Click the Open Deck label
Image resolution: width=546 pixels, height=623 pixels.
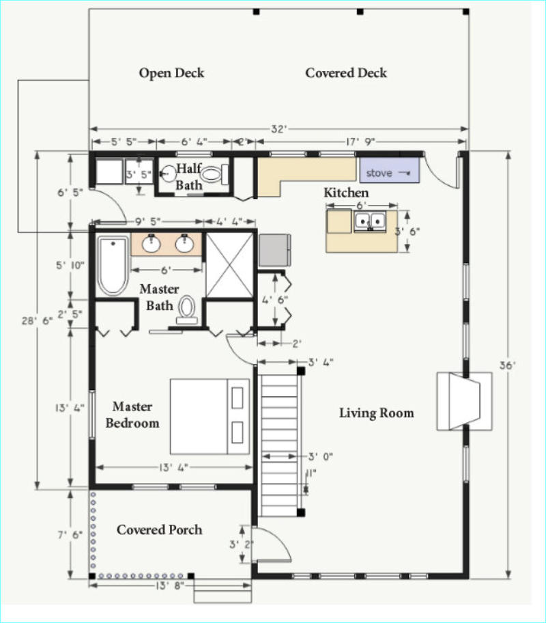171,73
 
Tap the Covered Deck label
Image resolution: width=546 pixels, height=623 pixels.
346,73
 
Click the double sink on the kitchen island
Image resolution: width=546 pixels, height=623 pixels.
370,221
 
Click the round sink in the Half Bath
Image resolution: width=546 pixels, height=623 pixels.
169,174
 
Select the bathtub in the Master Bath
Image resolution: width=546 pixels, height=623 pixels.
113,266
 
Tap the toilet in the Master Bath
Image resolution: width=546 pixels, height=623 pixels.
186,310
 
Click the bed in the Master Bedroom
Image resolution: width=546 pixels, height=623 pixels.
210,417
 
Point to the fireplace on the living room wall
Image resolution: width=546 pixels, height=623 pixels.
464,401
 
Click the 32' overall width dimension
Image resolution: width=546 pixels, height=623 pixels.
278,129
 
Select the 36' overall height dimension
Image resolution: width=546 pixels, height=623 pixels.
507,365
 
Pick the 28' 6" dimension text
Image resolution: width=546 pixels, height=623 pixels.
37,320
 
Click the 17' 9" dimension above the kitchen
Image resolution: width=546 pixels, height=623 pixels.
360,142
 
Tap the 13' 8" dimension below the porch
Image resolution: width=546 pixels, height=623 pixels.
171,585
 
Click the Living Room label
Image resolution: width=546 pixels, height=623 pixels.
377,413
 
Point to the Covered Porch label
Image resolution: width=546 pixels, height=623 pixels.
159,530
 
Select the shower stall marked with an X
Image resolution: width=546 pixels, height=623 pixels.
229,264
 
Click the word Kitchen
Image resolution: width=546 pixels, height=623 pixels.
346,193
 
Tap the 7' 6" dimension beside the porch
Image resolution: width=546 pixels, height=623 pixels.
70,535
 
